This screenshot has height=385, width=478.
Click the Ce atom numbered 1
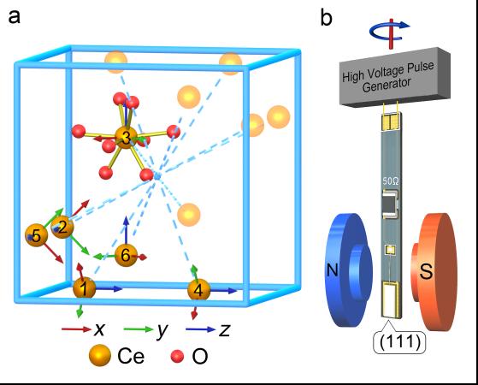point(84,287)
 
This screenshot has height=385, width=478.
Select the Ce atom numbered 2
point(62,227)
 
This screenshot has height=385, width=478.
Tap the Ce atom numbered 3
point(127,137)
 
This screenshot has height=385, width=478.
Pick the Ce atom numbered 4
point(199,290)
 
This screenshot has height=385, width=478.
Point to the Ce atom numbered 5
point(36,234)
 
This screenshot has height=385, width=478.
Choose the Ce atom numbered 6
point(126,255)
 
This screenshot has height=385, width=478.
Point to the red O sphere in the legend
point(178,356)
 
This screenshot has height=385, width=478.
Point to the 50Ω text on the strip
point(389,181)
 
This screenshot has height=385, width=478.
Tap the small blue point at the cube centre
point(156,175)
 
